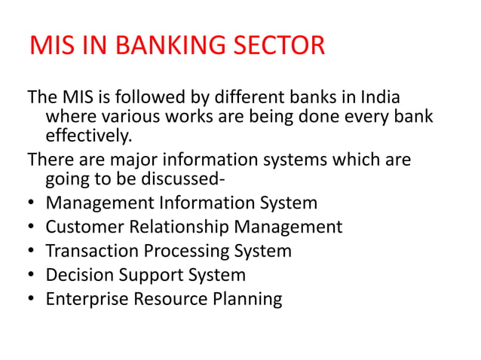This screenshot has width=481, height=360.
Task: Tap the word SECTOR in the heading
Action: (274, 46)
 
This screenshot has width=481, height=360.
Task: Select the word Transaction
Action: (90, 251)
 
